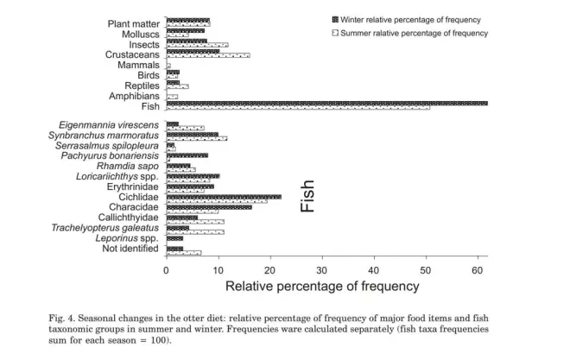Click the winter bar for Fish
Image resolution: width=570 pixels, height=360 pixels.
click(x=326, y=104)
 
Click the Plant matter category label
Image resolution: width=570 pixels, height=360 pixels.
click(x=134, y=22)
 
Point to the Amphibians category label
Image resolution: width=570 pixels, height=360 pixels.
click(x=135, y=96)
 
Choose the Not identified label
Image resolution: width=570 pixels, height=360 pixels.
click(x=130, y=249)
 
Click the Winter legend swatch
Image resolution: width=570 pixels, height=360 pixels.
click(x=334, y=17)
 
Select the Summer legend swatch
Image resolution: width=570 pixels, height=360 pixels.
click(x=334, y=32)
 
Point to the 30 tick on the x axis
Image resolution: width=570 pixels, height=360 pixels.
click(x=322, y=270)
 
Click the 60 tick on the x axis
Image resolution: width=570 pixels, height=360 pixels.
click(x=478, y=270)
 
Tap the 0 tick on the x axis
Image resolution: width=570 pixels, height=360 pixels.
click(x=167, y=270)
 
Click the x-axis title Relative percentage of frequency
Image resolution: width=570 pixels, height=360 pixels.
click(x=322, y=286)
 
